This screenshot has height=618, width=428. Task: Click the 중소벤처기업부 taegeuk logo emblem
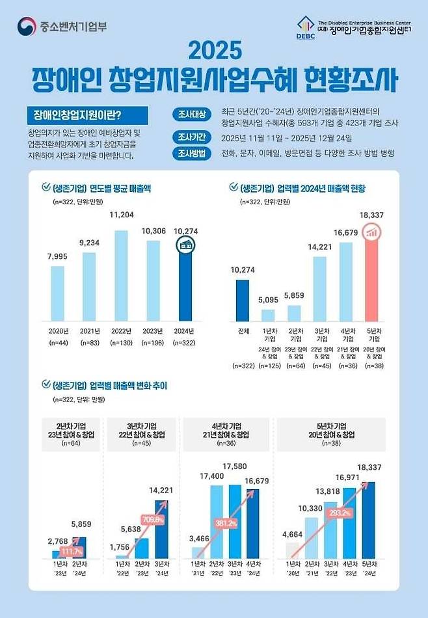(27, 27)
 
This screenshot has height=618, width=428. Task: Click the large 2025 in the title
(214, 50)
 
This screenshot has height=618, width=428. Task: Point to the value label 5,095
(267, 300)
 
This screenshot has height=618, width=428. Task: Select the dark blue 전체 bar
(243, 301)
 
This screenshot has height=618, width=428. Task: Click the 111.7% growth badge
(73, 552)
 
